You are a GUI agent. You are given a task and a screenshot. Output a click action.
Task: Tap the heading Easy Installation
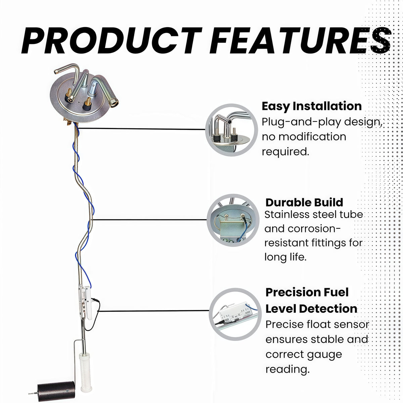pyautogui.click(x=312, y=106)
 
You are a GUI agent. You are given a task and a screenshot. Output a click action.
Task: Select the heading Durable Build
pyautogui.click(x=304, y=203)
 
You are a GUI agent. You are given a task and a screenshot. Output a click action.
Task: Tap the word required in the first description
pyautogui.click(x=285, y=151)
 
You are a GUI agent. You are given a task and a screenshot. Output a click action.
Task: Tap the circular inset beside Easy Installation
pyautogui.click(x=231, y=130)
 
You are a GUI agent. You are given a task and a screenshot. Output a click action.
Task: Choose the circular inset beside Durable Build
pyautogui.click(x=233, y=220)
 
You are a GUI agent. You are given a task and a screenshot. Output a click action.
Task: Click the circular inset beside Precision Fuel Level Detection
pyautogui.click(x=235, y=314)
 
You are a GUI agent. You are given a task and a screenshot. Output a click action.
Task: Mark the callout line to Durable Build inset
pyautogui.click(x=149, y=220)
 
